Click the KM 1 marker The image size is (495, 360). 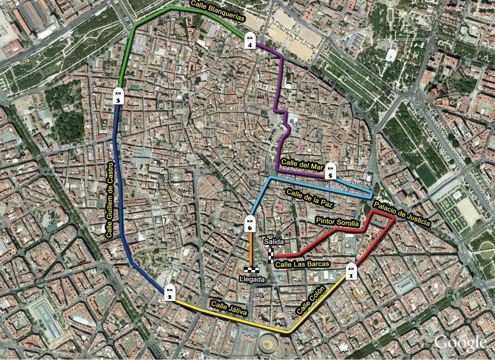coord(351,272)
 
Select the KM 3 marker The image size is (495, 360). coord(118,97)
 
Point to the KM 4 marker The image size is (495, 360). coord(250,42)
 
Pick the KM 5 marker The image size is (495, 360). coord(331,172)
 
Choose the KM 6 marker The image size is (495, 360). coord(250,223)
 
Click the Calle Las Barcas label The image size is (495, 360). coord(302,264)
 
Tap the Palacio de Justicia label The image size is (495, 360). coord(401,214)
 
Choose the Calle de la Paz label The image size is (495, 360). coord(310,198)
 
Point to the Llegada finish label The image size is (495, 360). coord(252,279)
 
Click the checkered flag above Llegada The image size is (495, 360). coord(252,271)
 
